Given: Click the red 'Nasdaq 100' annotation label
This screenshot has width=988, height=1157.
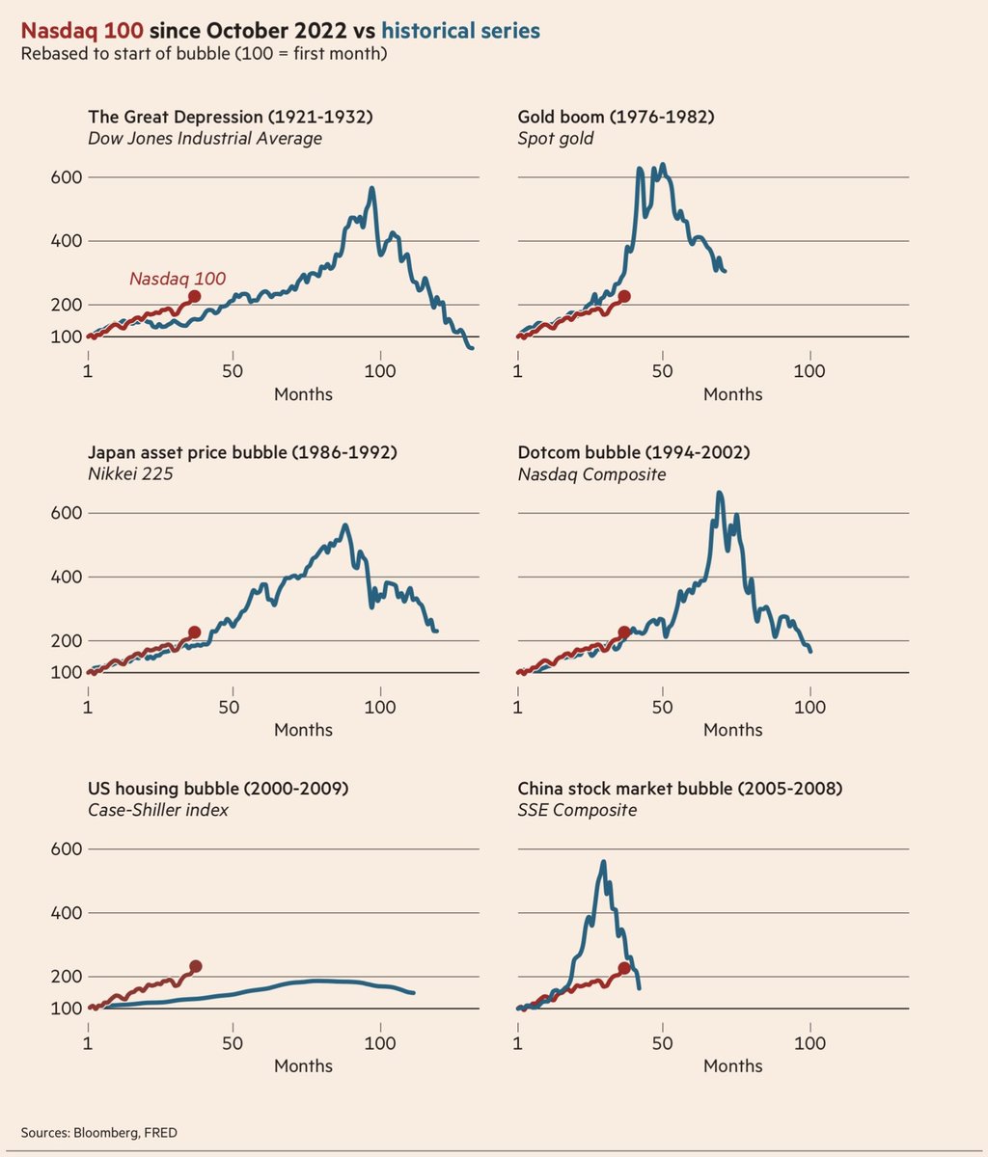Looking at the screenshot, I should (178, 279).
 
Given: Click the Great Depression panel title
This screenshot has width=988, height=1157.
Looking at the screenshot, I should (230, 117).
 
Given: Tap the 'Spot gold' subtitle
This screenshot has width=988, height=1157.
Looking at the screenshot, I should (556, 138).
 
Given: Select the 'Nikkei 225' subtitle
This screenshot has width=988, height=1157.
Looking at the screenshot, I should (130, 473).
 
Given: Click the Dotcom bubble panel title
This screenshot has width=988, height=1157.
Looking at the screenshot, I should (633, 452).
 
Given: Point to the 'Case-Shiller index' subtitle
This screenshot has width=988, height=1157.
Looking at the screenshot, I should (158, 810).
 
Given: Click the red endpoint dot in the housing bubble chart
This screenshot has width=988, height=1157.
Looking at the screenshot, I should (195, 966).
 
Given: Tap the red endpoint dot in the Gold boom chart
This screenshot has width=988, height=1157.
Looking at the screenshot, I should (624, 296).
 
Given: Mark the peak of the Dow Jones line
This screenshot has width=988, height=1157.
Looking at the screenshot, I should (371, 189).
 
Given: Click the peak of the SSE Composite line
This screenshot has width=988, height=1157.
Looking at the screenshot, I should (603, 862).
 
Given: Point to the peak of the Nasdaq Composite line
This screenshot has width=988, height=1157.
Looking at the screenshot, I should (720, 493).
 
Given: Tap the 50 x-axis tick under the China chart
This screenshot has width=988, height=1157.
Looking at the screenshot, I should (662, 1043).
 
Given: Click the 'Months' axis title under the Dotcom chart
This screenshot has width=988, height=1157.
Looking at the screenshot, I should (732, 730).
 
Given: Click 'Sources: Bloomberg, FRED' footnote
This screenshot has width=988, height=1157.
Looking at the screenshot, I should (98, 1132).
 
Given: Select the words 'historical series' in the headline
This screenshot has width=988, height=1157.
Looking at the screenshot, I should (460, 31).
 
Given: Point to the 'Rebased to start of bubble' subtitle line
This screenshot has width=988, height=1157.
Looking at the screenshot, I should (204, 53).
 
